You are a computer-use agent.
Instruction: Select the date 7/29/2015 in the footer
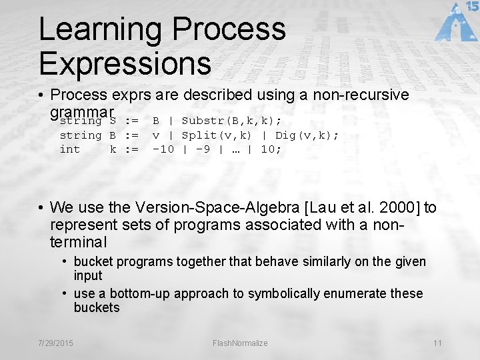tap(57, 343)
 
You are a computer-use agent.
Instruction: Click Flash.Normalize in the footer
tap(240, 343)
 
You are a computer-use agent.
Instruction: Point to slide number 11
tap(437, 343)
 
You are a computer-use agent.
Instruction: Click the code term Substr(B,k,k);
tap(231, 121)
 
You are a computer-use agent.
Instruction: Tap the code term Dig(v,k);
tap(307, 135)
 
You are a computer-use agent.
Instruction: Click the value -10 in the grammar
tap(163, 149)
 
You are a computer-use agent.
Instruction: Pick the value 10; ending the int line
tap(271, 149)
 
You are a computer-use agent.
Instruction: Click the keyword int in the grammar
tap(70, 149)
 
